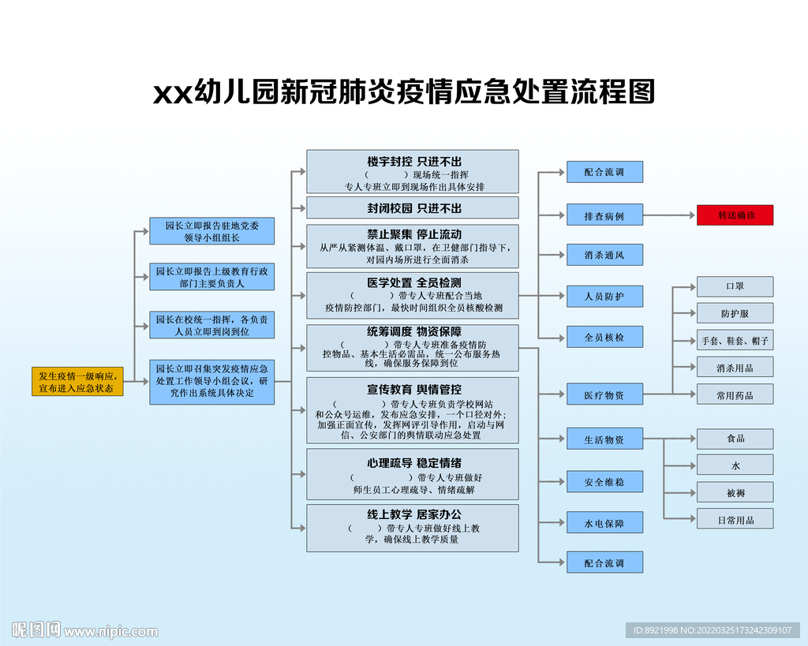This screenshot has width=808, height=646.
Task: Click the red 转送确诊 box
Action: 735,215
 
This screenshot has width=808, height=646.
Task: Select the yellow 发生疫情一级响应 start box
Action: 77,382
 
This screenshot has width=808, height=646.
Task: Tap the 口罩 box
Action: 735,286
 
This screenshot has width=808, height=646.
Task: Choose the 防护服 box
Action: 735,313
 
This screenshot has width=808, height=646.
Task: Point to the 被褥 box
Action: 735,492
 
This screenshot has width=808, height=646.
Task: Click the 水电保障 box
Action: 604,523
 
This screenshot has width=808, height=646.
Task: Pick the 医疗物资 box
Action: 604,394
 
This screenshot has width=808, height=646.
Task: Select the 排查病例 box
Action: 604,215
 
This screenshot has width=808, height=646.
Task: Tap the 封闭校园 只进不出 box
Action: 413,208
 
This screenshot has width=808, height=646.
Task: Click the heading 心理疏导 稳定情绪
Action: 413,463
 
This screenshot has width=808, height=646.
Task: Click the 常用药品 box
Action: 735,394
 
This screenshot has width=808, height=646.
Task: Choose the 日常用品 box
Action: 735,519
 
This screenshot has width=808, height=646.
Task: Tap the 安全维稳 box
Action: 604,482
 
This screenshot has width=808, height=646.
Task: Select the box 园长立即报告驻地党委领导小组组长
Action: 212,231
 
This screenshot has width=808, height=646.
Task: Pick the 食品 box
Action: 735,439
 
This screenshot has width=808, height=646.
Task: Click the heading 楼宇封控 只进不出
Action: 413,162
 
